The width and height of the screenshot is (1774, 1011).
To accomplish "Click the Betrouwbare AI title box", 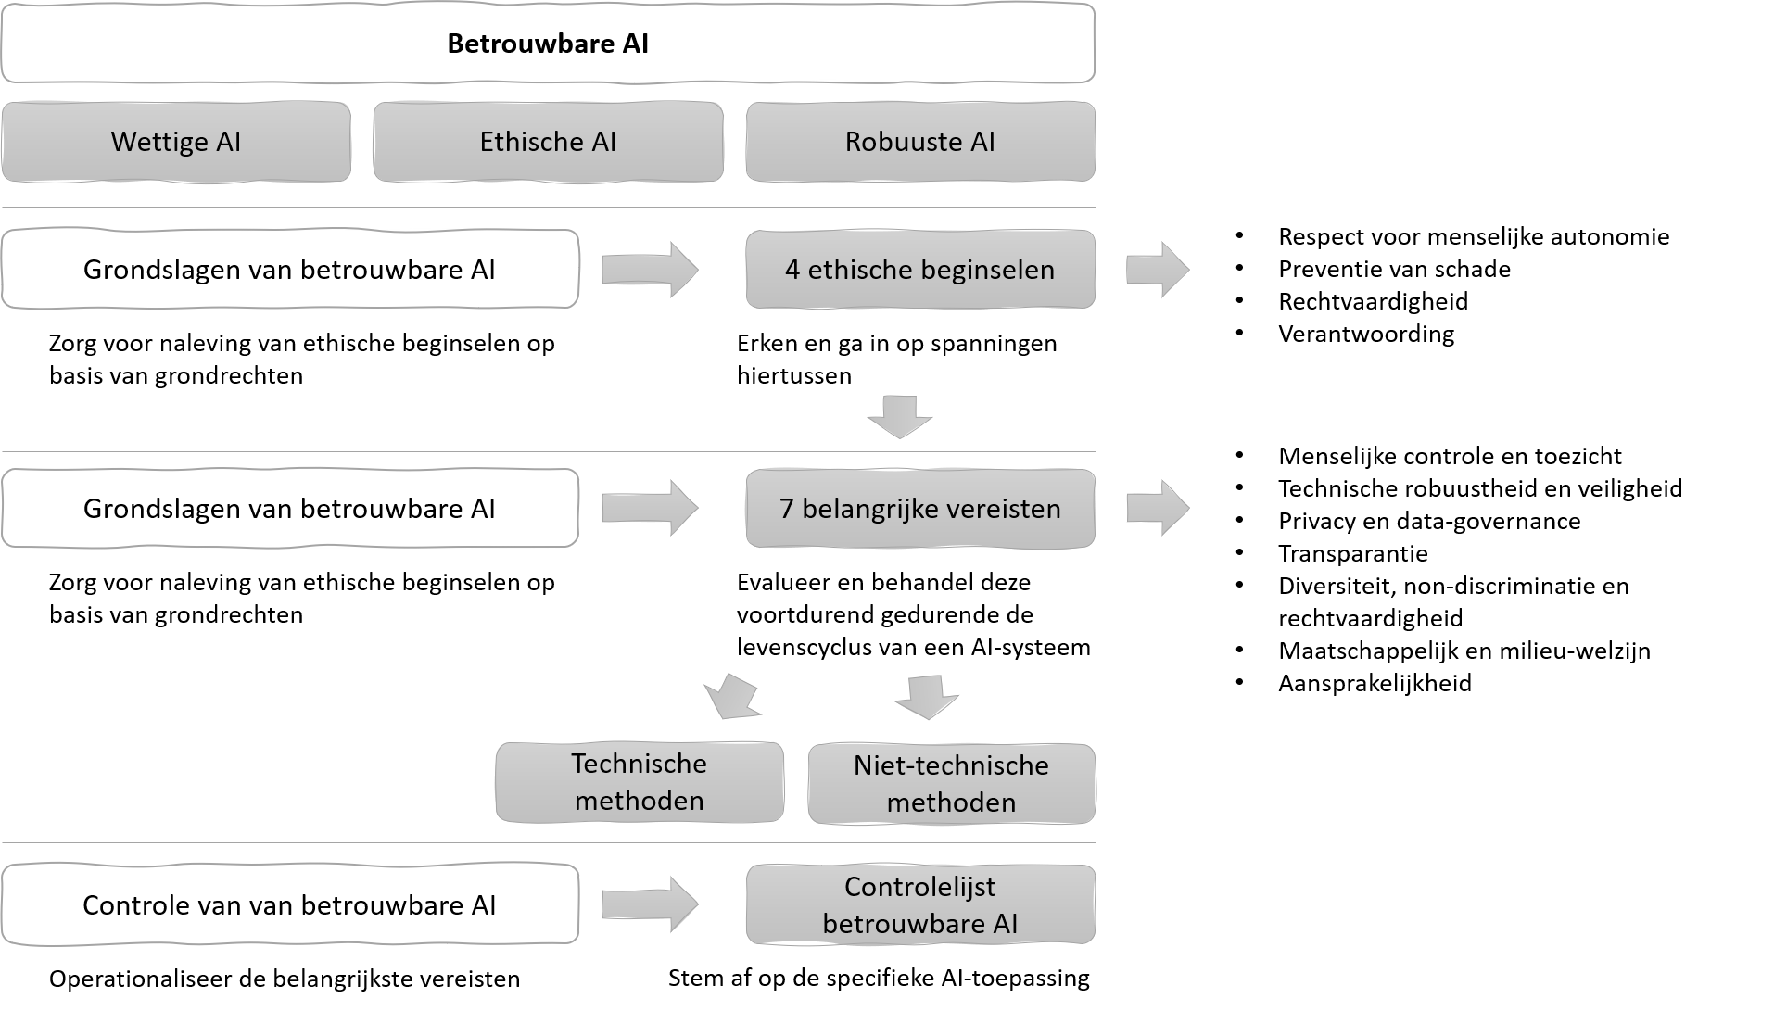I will click(547, 44).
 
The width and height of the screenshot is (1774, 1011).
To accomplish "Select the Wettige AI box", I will click(176, 142).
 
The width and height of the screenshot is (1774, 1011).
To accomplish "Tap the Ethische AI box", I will click(548, 142).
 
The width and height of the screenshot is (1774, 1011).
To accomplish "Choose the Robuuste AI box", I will click(920, 142).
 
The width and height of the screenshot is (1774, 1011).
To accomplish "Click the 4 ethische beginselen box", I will click(920, 270).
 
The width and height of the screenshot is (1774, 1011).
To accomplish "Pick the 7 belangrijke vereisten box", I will click(920, 509).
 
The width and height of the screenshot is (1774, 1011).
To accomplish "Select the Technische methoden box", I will click(640, 782).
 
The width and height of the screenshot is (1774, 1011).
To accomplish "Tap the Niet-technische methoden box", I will click(952, 783).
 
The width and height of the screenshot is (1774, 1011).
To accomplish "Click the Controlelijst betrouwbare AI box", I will click(920, 904).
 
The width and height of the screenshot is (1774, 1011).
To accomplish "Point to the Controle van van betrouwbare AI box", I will click(289, 904).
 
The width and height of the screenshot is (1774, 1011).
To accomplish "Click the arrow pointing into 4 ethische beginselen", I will click(649, 271).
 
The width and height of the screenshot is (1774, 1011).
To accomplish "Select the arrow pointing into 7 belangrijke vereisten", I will click(649, 508).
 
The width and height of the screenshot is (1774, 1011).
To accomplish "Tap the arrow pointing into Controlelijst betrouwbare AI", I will click(649, 904).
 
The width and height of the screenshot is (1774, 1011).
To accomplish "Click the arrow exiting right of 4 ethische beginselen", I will click(1157, 271).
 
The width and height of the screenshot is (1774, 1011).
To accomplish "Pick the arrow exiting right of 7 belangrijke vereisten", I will click(1157, 508).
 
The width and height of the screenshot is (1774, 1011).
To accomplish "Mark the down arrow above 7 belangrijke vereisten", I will click(900, 416).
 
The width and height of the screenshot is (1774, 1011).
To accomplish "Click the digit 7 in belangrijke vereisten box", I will click(787, 509).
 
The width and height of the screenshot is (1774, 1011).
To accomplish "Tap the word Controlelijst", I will click(919, 886).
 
